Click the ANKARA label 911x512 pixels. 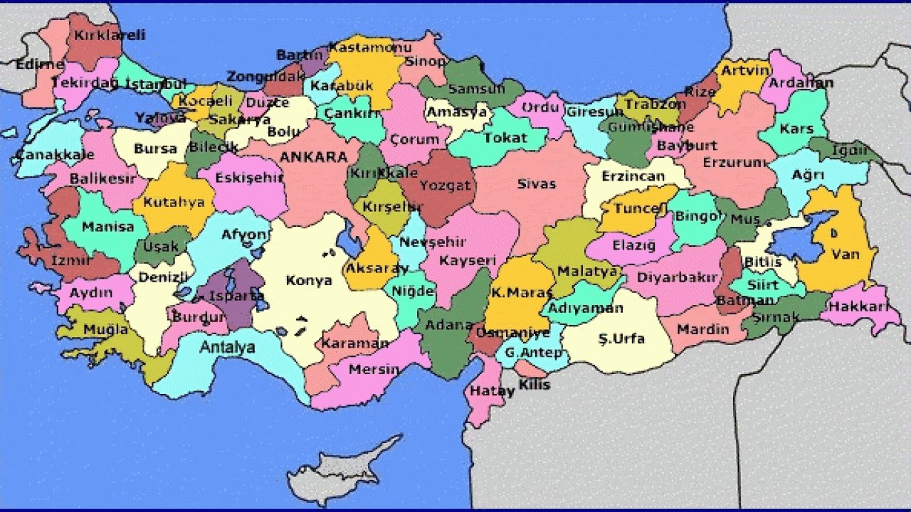313,157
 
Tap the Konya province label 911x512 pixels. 309,280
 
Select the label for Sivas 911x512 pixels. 536,184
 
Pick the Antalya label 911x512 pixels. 227,348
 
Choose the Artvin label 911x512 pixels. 745,70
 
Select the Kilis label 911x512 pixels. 534,385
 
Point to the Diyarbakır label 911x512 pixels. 677,278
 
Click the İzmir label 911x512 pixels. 70,261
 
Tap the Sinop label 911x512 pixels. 426,62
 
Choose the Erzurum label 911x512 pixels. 734,162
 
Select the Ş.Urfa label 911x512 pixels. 621,338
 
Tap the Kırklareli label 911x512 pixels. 110,34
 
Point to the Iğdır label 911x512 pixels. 850,151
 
